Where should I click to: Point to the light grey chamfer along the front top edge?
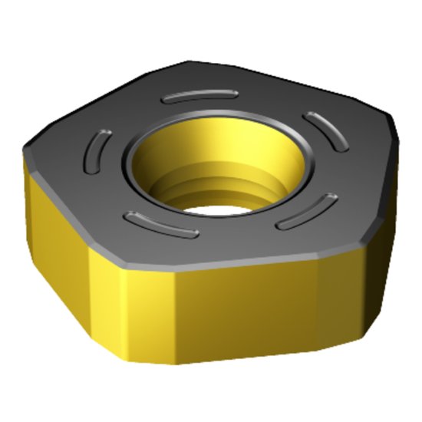pyautogui.click(x=230, y=263)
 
